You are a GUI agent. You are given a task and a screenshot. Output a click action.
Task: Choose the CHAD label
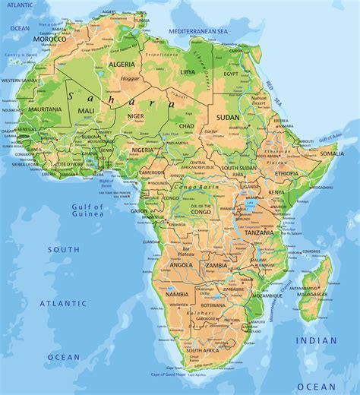[187, 125]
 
